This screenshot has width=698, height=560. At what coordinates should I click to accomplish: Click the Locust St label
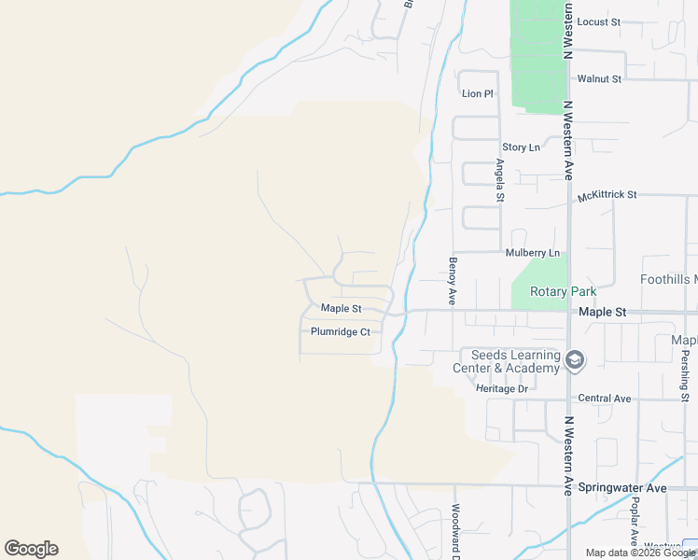click(598, 21)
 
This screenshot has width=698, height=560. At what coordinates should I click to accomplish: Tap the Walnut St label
click(599, 79)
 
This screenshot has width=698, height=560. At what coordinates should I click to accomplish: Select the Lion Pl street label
click(477, 94)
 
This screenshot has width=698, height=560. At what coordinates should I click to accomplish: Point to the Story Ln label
click(521, 147)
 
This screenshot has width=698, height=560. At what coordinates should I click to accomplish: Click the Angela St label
click(500, 180)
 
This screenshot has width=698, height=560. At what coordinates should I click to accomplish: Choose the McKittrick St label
click(607, 196)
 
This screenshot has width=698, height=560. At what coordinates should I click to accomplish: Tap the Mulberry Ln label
click(532, 253)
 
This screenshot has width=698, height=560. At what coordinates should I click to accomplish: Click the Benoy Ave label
click(453, 281)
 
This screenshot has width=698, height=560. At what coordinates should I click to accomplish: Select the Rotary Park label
click(563, 292)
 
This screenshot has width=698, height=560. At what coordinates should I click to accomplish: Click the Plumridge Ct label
click(341, 331)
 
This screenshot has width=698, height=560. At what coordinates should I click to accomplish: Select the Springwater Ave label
click(622, 488)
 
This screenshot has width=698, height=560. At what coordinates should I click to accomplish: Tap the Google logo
click(31, 549)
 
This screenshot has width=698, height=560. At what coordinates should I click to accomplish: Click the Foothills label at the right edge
click(668, 279)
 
